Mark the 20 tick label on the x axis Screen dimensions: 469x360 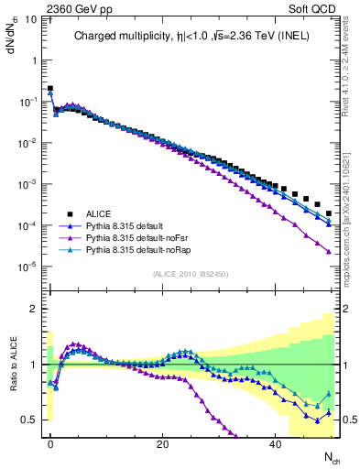click(x=162, y=443)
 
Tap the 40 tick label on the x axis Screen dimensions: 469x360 click(x=274, y=443)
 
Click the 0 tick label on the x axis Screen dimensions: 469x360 click(x=50, y=443)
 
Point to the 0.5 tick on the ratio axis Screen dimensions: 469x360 click(x=30, y=420)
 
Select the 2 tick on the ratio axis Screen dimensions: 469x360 click(x=35, y=309)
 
